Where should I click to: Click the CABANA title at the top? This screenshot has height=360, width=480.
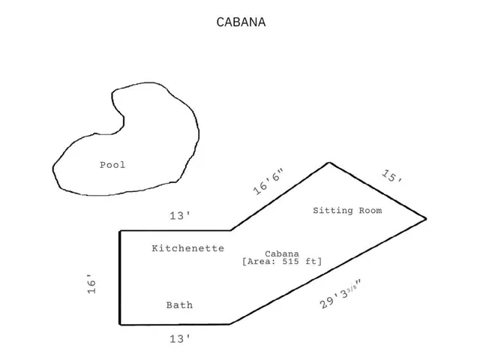(240, 22)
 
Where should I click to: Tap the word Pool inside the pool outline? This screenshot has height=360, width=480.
(112, 165)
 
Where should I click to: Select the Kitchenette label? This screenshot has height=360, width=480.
(187, 248)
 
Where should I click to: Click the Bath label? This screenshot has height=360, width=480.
(179, 305)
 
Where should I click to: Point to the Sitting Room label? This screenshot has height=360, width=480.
(347, 211)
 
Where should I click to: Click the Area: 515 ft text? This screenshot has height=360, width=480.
(281, 262)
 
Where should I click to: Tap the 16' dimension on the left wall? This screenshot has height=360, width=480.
(91, 284)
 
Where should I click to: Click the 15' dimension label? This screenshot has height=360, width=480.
(392, 178)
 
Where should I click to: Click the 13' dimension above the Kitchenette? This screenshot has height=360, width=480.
(179, 216)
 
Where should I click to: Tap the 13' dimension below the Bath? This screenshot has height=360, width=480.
(179, 339)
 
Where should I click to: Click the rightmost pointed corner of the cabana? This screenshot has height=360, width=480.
(425, 218)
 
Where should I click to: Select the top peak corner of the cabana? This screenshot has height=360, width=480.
(328, 163)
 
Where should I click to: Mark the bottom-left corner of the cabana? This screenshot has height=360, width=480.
(120, 325)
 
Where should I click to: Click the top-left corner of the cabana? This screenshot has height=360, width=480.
(120, 231)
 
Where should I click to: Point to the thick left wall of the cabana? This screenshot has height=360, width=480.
(120, 277)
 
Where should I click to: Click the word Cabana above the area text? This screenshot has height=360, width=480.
(281, 253)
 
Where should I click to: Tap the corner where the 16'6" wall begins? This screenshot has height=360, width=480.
(229, 230)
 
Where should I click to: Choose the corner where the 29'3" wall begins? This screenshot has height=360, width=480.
(229, 324)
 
